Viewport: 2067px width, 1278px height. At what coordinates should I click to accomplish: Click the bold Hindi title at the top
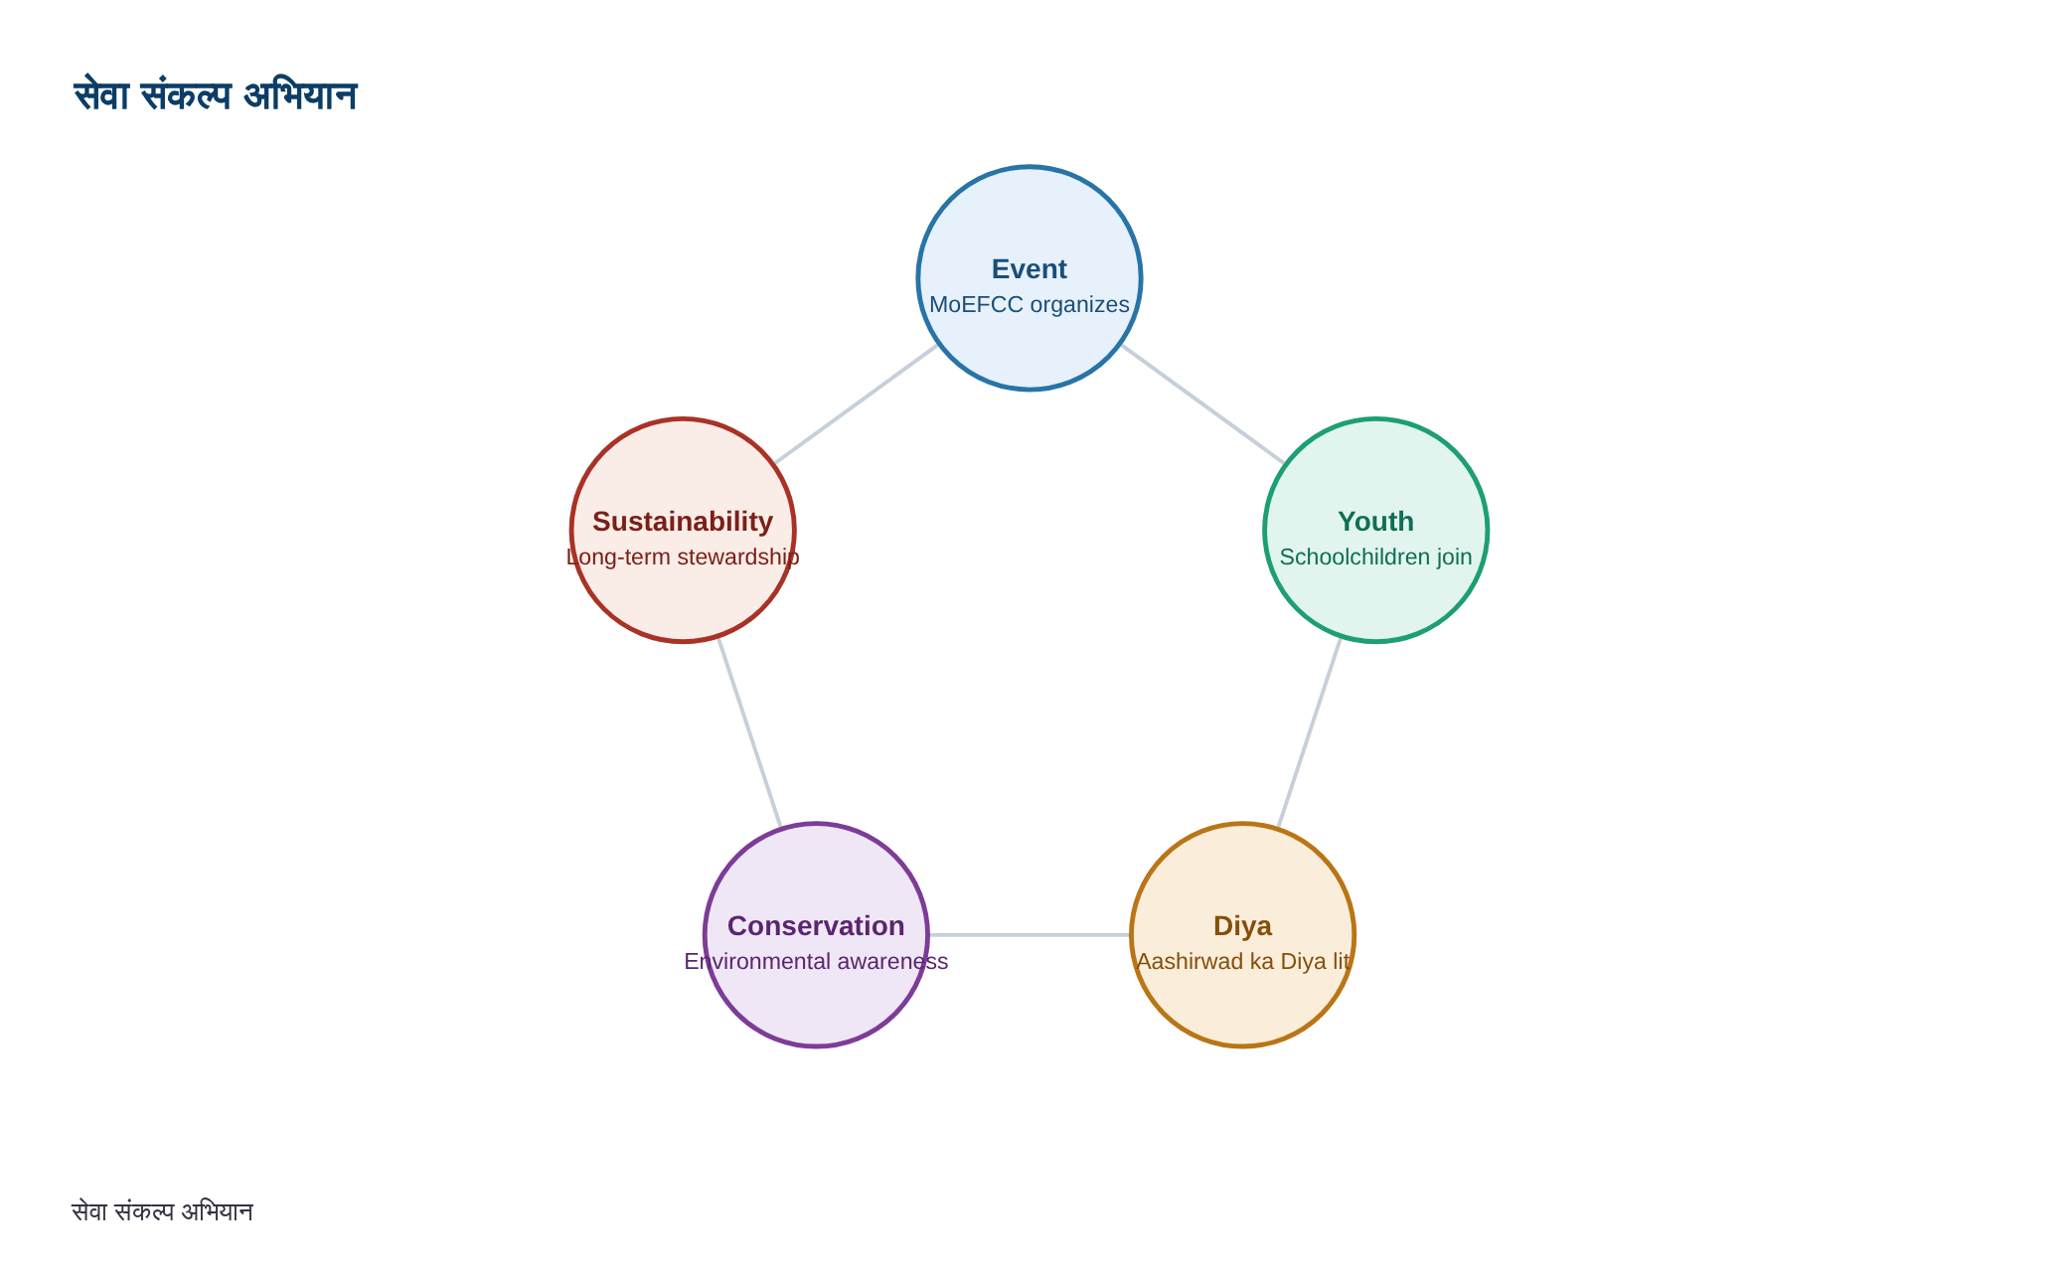(x=216, y=95)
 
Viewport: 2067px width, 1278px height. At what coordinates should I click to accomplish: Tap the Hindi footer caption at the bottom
(x=163, y=1211)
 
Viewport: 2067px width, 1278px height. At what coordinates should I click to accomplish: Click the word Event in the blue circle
(x=1030, y=269)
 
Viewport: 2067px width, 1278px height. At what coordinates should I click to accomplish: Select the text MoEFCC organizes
(x=1030, y=304)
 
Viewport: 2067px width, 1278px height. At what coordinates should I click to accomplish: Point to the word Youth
(x=1375, y=522)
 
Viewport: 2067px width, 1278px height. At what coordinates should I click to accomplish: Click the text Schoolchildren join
(x=1375, y=557)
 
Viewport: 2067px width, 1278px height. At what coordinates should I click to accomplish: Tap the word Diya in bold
(x=1242, y=926)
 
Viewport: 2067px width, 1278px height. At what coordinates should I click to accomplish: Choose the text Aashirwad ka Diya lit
(x=1242, y=961)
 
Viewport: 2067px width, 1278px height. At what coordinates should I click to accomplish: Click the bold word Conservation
(x=816, y=926)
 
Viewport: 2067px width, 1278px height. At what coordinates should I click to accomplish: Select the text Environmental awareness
(x=816, y=961)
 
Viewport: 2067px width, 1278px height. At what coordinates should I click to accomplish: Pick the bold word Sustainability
(x=683, y=522)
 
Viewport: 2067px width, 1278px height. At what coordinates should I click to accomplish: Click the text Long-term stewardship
(x=683, y=557)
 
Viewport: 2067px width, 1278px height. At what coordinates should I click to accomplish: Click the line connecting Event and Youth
(x=1202, y=404)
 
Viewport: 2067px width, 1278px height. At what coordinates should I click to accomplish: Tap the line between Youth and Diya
(x=1309, y=732)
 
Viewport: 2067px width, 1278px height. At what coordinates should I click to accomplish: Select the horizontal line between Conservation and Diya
(x=1030, y=935)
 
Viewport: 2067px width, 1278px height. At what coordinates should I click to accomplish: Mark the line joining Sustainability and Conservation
(x=749, y=732)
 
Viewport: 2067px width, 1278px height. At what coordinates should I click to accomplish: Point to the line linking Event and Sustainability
(x=856, y=404)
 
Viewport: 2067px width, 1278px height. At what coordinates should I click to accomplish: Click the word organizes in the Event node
(x=1079, y=305)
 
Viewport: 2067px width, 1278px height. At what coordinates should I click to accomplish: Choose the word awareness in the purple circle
(x=892, y=961)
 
